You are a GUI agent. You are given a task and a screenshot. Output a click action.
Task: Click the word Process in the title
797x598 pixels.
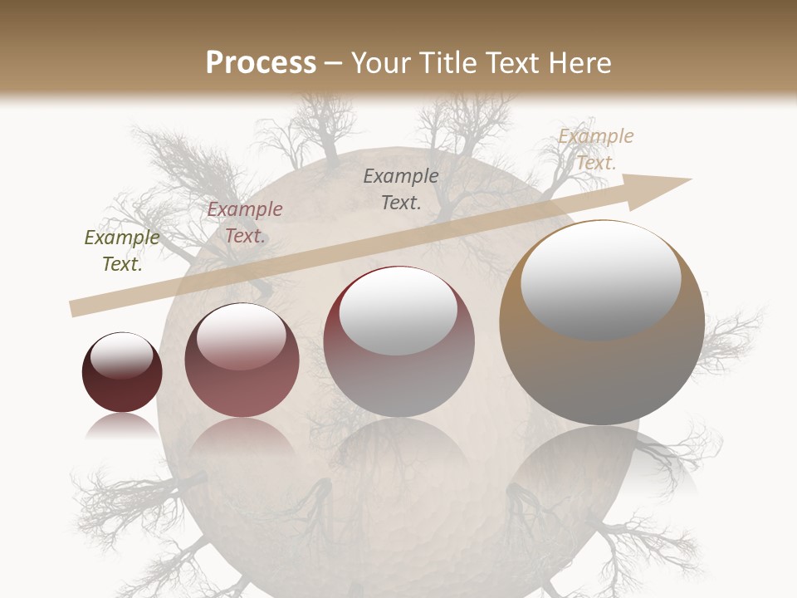coord(261,63)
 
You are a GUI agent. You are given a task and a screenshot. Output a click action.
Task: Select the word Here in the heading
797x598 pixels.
coord(579,63)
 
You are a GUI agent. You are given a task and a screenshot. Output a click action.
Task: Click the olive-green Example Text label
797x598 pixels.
coord(122,251)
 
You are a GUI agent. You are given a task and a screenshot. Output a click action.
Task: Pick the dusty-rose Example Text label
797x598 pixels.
coord(245,223)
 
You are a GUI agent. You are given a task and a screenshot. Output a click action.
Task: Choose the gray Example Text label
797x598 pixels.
coord(401,189)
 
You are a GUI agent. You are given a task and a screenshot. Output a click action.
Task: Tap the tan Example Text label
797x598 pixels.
coord(595,149)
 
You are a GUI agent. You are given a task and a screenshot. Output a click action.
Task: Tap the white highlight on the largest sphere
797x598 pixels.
coord(600,278)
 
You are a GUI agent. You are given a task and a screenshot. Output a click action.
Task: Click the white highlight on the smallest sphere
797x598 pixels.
coord(122,355)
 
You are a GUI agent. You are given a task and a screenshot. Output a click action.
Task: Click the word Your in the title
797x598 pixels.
coord(380,63)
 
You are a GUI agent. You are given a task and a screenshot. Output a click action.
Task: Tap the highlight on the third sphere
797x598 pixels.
coord(398,311)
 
